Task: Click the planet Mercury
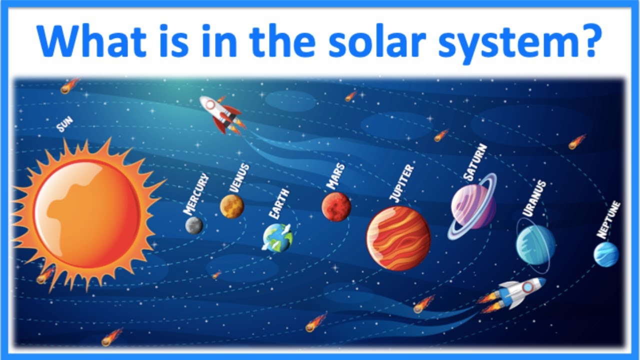pyautogui.click(x=194, y=225)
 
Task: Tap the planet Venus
pyautogui.click(x=232, y=206)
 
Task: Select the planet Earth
pyautogui.click(x=277, y=237)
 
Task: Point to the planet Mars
pyautogui.click(x=336, y=206)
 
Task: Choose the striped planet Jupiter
pyautogui.click(x=398, y=238)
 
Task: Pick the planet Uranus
pyautogui.click(x=535, y=244)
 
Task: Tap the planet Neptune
pyautogui.click(x=606, y=254)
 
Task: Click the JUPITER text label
pyautogui.click(x=402, y=183)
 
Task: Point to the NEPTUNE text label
pyautogui.click(x=608, y=219)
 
